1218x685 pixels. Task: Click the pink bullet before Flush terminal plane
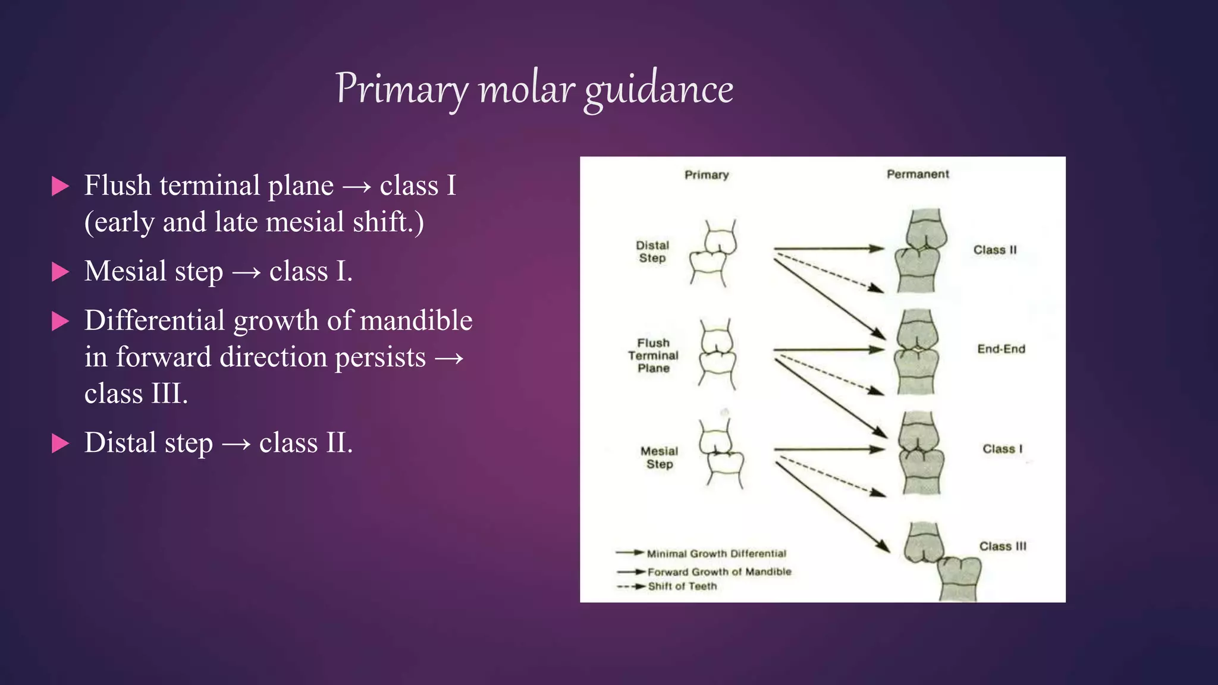point(60,186)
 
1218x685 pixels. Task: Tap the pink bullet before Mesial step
point(60,272)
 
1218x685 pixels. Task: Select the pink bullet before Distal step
point(60,443)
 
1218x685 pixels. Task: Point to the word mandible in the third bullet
point(416,320)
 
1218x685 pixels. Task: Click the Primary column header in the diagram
point(707,175)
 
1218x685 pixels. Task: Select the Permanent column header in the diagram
point(918,174)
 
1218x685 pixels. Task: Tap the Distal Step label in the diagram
point(652,252)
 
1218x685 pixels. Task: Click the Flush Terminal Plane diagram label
point(653,356)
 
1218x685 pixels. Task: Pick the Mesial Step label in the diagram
point(659,458)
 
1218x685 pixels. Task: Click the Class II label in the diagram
point(995,250)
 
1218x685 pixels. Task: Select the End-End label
point(1001,349)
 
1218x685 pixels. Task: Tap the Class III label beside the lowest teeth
point(1003,546)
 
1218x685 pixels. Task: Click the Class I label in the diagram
point(1002,449)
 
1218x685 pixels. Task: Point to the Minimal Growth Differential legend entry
point(716,554)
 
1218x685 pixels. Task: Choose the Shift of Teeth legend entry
point(682,586)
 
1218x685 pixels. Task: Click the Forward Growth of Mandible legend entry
point(719,571)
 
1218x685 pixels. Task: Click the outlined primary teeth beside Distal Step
point(713,253)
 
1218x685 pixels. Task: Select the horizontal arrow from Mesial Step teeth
point(829,450)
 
